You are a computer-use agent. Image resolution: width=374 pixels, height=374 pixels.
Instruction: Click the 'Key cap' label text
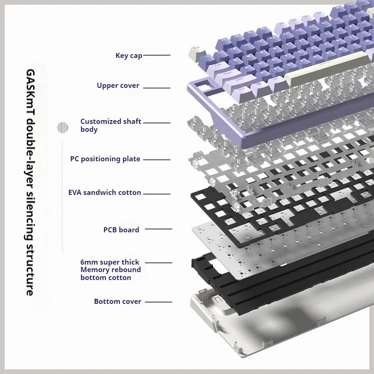pyautogui.click(x=129, y=56)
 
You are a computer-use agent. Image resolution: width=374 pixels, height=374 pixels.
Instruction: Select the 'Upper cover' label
pyautogui.click(x=118, y=86)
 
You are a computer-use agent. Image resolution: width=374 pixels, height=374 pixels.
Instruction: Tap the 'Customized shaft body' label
pyautogui.click(x=110, y=125)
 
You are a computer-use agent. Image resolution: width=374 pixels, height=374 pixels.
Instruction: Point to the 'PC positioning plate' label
pyautogui.click(x=105, y=159)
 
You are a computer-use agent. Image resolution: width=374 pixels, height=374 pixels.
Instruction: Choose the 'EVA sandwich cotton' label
pyautogui.click(x=105, y=193)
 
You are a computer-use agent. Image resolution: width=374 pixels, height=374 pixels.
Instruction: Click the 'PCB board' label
pyautogui.click(x=121, y=230)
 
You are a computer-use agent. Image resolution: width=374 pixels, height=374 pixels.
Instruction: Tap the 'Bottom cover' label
pyautogui.click(x=117, y=302)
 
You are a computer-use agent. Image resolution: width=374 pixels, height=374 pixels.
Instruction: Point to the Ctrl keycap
pyautogui.click(x=241, y=88)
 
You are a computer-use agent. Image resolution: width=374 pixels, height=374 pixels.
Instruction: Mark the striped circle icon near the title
pyautogui.click(x=63, y=127)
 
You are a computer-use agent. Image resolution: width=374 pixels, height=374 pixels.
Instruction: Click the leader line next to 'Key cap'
pyautogui.click(x=156, y=55)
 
